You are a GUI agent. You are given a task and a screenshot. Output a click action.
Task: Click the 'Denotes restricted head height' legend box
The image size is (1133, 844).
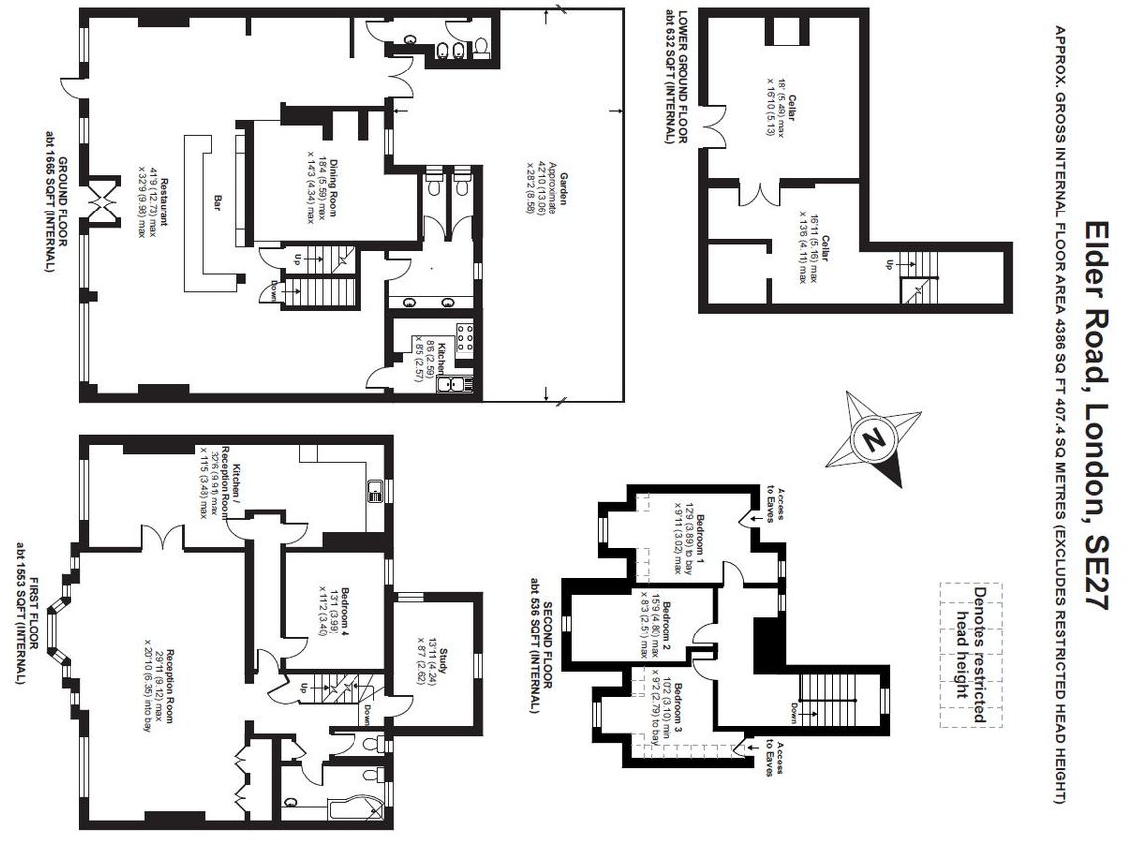tap(971, 655)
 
